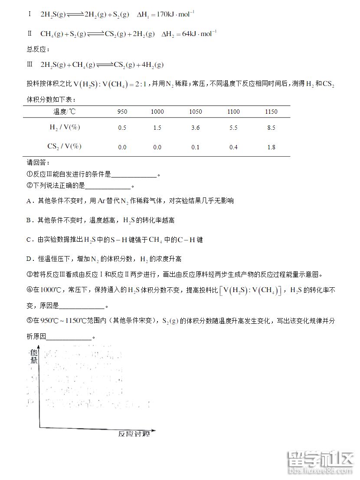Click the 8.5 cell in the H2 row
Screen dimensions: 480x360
[x=271, y=128]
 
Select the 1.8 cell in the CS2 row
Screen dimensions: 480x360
[x=271, y=147]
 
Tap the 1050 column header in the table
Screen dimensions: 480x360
[x=196, y=112]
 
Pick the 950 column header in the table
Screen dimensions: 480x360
[x=122, y=112]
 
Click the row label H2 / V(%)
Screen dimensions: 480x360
[x=65, y=128]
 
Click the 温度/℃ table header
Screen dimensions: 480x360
[x=64, y=112]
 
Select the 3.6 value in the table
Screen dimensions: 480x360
[x=196, y=128]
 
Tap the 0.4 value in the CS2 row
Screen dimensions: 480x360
[x=233, y=147]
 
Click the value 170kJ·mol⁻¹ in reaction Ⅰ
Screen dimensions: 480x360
[x=174, y=14]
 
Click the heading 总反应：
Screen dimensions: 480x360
[x=39, y=49]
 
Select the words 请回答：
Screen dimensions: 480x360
[x=39, y=163]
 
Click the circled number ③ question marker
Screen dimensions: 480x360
[x=29, y=275]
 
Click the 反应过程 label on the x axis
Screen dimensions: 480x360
[x=134, y=434]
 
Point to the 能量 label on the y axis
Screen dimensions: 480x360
[x=33, y=356]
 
